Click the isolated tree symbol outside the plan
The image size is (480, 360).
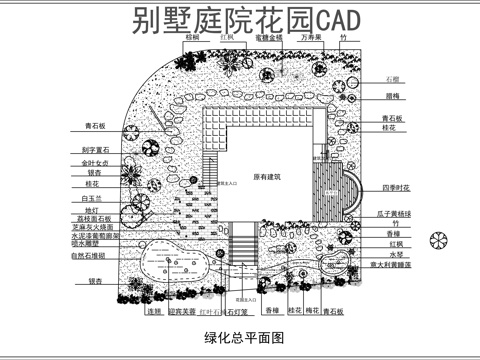point(438,240)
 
